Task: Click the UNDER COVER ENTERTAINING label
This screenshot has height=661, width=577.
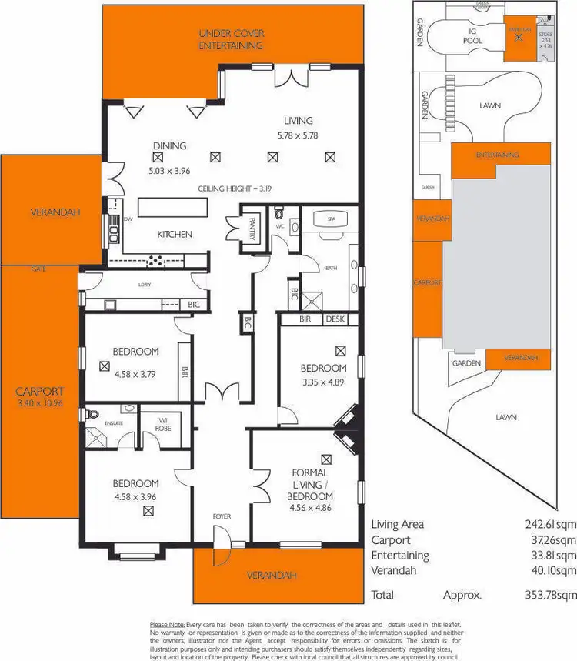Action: (x=231, y=39)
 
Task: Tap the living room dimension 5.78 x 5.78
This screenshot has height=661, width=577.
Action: (x=297, y=135)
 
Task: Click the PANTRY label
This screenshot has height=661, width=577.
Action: (x=251, y=229)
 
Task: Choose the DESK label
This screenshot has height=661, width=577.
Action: (x=335, y=319)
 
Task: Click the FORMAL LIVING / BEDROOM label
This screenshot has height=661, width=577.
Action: (x=311, y=484)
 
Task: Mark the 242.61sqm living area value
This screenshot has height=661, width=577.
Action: (x=545, y=524)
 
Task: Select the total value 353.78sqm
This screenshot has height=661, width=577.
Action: (x=545, y=595)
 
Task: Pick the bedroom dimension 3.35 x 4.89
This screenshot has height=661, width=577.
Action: (x=323, y=380)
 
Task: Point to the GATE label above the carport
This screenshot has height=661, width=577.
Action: (x=38, y=269)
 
